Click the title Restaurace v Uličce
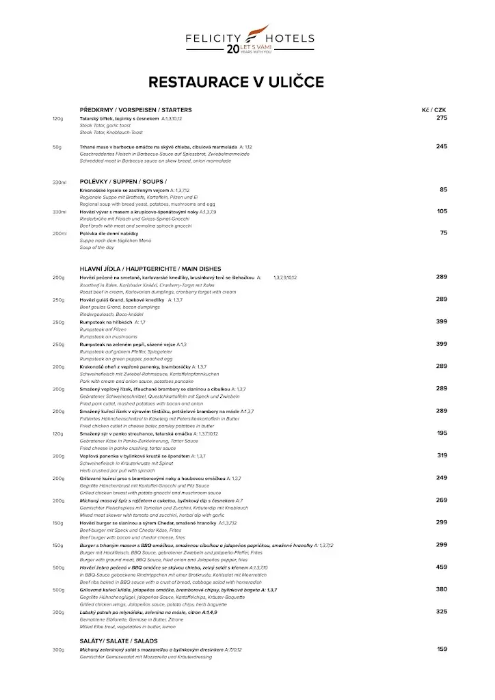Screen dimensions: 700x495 [237, 83]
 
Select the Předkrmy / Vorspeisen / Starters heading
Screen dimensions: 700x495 [135, 110]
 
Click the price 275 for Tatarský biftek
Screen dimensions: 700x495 [442, 118]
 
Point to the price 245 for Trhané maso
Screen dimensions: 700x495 [442, 146]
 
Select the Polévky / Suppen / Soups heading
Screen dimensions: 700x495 [123, 181]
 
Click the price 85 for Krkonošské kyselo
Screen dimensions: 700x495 [444, 189]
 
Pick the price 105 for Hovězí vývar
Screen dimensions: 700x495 [442, 211]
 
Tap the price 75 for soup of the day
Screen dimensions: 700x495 [444, 233]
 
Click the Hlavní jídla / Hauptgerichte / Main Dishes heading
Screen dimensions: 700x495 [150, 269]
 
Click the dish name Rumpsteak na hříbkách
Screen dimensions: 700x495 [106, 322]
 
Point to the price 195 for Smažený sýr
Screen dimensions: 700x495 [442, 433]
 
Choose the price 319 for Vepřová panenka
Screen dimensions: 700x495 [442, 455]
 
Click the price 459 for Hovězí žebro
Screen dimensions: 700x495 [442, 567]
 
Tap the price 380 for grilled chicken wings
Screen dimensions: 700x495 [442, 589]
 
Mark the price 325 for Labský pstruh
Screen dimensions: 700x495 [442, 611]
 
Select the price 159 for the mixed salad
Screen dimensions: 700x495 [442, 649]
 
